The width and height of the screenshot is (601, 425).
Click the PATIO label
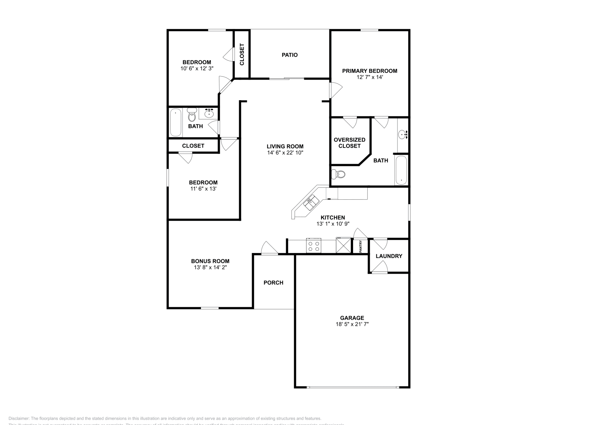(x=290, y=55)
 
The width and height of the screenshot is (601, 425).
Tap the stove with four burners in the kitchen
(x=314, y=246)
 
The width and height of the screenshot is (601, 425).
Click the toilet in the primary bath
(x=339, y=174)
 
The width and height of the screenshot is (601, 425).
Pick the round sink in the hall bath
(x=209, y=113)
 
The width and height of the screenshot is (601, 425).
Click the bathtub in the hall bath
(x=175, y=122)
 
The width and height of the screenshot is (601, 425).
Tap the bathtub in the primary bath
(x=401, y=170)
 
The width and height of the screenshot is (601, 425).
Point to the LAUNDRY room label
(x=389, y=256)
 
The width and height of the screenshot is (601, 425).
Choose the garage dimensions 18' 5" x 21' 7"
(x=352, y=324)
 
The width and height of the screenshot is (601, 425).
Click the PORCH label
(x=273, y=283)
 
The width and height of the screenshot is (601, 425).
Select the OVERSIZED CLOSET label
(x=349, y=143)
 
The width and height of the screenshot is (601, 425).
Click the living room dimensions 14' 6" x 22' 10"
(x=285, y=153)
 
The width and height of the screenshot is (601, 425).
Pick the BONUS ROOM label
(x=210, y=261)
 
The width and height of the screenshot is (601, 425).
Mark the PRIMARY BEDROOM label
(x=369, y=71)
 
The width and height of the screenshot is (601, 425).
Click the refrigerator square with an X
(x=343, y=246)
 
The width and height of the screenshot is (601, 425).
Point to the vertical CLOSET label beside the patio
(x=242, y=55)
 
